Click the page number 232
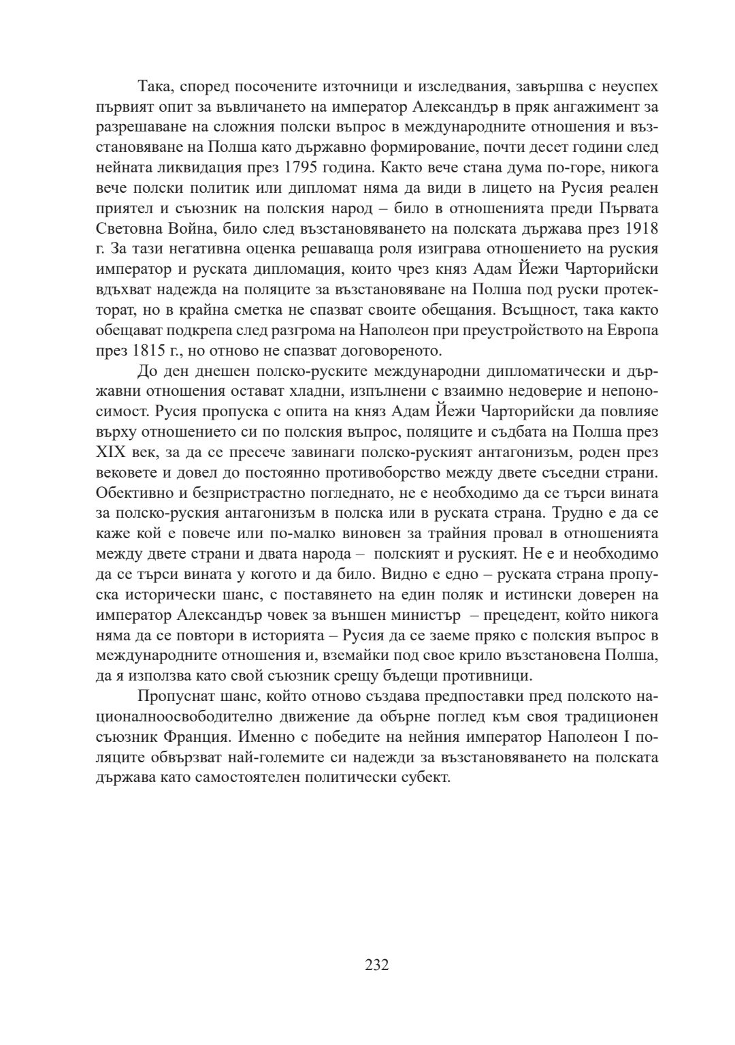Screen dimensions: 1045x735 pyautogui.click(x=376, y=965)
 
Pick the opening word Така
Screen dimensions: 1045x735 pyautogui.click(x=155, y=87)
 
